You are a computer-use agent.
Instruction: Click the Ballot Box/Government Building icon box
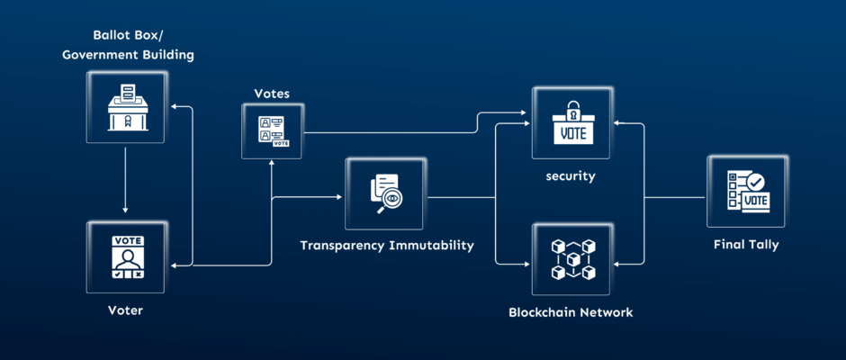tap(125, 106)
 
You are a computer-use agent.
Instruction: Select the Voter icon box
tap(125, 256)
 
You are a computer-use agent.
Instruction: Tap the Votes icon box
tap(273, 131)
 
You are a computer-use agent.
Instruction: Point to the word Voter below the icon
tap(125, 310)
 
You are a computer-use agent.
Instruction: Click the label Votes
tap(272, 93)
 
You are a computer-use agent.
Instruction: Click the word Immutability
tap(433, 245)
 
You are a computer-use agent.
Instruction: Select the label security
tap(571, 176)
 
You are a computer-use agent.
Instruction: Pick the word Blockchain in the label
tap(543, 312)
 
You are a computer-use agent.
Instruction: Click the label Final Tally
tap(746, 244)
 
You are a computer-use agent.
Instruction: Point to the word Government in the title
tap(103, 56)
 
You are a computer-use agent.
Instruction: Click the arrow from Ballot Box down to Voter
tap(125, 180)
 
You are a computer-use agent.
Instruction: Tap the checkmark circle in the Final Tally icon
tap(755, 183)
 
